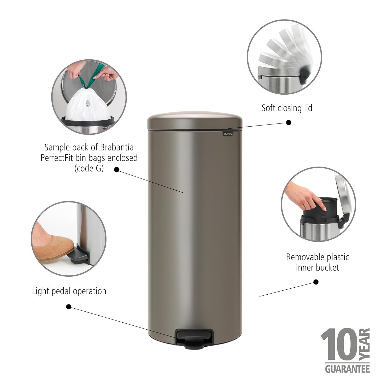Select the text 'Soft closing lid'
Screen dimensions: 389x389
[x=287, y=108]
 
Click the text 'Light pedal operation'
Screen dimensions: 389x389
[x=69, y=291]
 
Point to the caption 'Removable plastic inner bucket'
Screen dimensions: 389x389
[x=317, y=262]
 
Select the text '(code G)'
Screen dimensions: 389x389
[x=89, y=169]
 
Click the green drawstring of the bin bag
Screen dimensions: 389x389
[x=89, y=77]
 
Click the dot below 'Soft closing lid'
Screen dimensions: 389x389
[x=289, y=122]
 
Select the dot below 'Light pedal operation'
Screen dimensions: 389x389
[x=69, y=307]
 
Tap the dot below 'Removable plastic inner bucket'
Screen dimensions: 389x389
[x=316, y=282]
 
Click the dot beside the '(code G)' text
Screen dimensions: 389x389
[x=117, y=170]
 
